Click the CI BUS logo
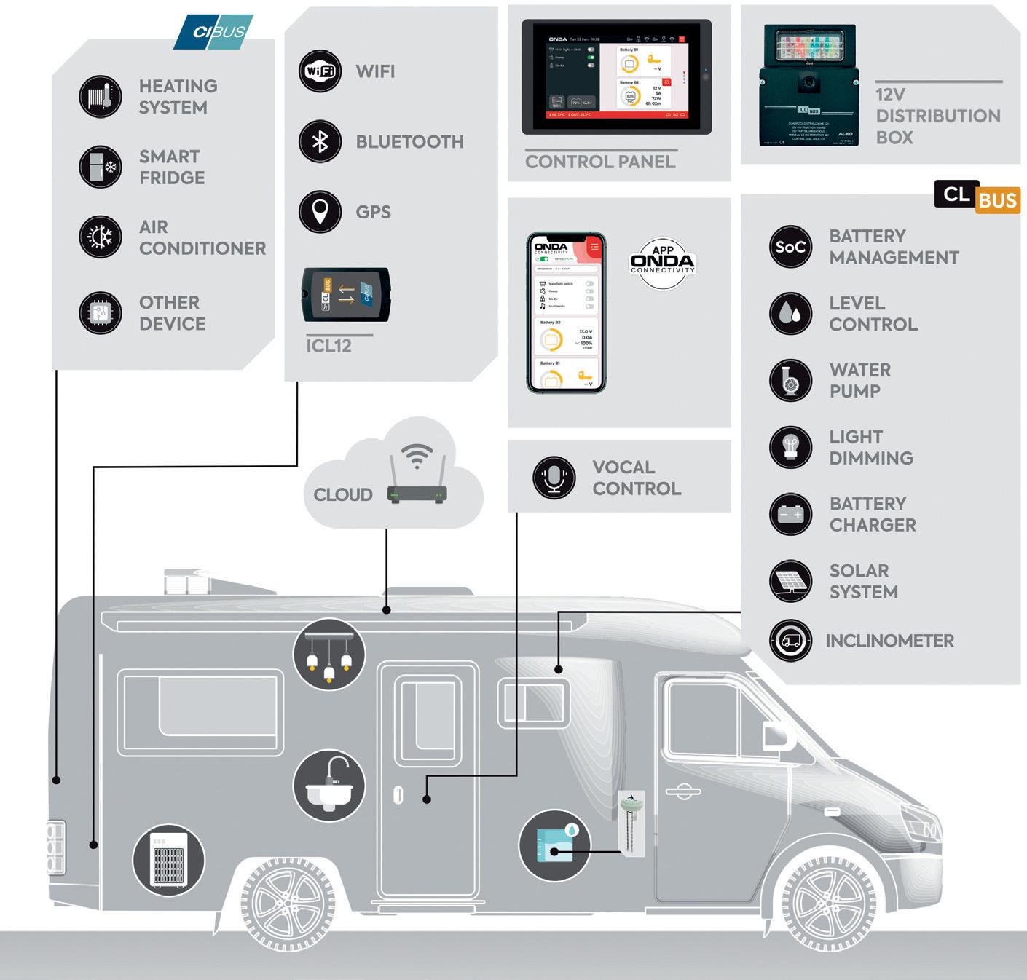(213, 32)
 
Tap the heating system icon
(101, 96)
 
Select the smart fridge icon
(101, 167)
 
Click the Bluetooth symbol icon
(320, 141)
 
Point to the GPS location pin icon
(320, 212)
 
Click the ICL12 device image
(347, 294)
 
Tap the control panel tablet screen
(616, 76)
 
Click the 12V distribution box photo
(808, 86)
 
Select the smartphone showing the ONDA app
(566, 313)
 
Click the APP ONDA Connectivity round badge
(662, 263)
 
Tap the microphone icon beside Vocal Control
(554, 477)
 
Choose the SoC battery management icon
(790, 247)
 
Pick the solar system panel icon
(790, 581)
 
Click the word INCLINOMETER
(889, 641)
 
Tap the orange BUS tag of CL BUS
(997, 199)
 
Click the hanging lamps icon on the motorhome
(329, 654)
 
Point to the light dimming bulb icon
(790, 447)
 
